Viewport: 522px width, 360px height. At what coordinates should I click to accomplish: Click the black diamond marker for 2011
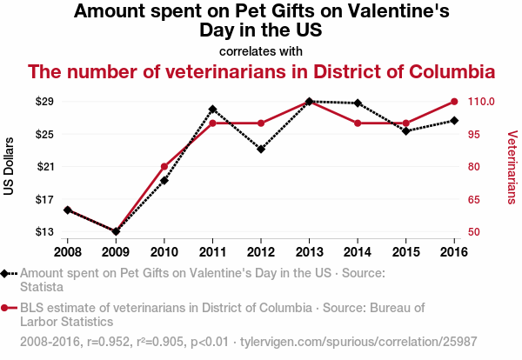[x=212, y=110]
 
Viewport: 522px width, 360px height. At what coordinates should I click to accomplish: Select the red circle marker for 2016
[x=454, y=102]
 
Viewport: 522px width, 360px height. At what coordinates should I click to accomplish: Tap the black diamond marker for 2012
[x=261, y=149]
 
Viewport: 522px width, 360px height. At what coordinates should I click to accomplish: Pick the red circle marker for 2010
[x=164, y=166]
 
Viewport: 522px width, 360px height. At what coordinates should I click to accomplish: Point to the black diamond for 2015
[x=405, y=131]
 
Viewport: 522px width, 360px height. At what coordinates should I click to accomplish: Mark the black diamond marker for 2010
[x=164, y=180]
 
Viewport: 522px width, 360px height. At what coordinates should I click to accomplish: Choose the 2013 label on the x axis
[x=309, y=251]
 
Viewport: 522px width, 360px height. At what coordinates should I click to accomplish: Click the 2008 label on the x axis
[x=67, y=251]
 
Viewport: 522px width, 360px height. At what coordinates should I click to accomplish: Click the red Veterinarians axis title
[x=512, y=166]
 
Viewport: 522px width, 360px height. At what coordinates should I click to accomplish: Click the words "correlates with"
[x=261, y=50]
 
